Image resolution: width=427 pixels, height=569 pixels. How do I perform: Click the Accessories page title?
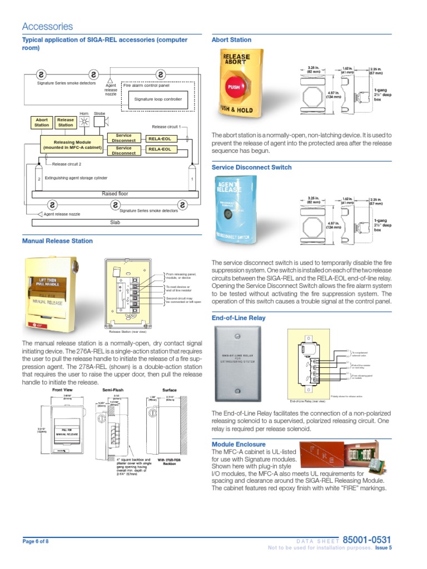coord(47,27)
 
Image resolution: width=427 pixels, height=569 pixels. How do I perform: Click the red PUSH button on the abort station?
coord(232,87)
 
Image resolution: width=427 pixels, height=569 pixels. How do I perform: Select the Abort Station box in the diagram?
coord(42,122)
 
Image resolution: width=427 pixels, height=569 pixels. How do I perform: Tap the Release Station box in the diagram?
coord(66,122)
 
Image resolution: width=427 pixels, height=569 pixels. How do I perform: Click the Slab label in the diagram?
coord(115,222)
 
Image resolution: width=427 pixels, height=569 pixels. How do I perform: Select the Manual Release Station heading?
coord(57,241)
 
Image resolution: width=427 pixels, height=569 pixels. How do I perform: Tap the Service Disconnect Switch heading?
coord(251,167)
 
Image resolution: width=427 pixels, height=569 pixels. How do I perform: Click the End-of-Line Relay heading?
coord(239,318)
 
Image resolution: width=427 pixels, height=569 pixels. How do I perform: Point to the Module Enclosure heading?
coord(239,445)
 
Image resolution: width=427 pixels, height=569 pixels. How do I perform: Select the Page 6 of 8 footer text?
coord(36,541)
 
